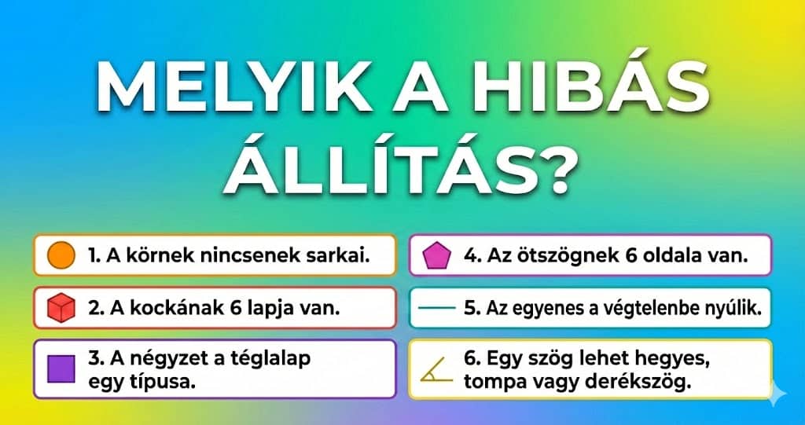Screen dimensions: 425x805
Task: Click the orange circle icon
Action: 61,255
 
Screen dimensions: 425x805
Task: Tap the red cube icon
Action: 61,308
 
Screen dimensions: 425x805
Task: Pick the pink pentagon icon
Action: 436,255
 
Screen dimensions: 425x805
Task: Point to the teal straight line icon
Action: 436,308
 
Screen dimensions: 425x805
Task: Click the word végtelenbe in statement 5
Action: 648,308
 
